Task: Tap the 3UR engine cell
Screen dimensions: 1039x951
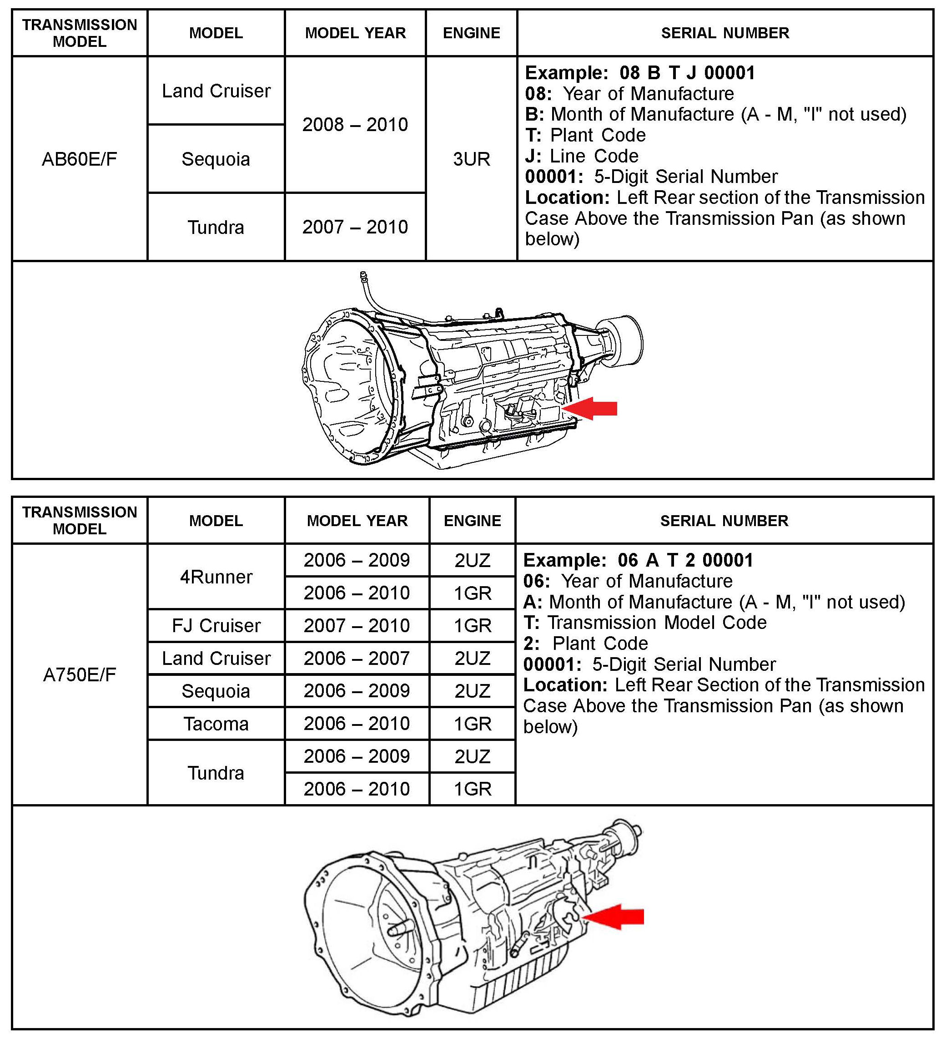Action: pos(471,159)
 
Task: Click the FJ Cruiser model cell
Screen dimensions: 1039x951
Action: pos(216,626)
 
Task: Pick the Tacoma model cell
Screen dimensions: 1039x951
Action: pos(216,724)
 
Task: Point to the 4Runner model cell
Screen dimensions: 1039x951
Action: pos(216,577)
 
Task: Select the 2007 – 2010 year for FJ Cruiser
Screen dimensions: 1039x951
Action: pos(357,626)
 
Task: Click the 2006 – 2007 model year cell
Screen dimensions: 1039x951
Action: pos(357,658)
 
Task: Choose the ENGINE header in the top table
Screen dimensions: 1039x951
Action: pos(471,33)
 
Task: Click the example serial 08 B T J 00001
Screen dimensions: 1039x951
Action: pos(687,73)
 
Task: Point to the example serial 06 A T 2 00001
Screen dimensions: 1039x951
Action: pos(686,560)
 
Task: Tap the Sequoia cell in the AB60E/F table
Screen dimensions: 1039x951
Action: pos(216,159)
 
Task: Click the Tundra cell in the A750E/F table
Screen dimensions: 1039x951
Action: pos(216,773)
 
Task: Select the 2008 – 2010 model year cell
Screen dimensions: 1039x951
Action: pos(355,125)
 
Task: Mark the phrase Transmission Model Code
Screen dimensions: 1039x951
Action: pos(657,623)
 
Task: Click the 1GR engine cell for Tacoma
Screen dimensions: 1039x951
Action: pos(473,724)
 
